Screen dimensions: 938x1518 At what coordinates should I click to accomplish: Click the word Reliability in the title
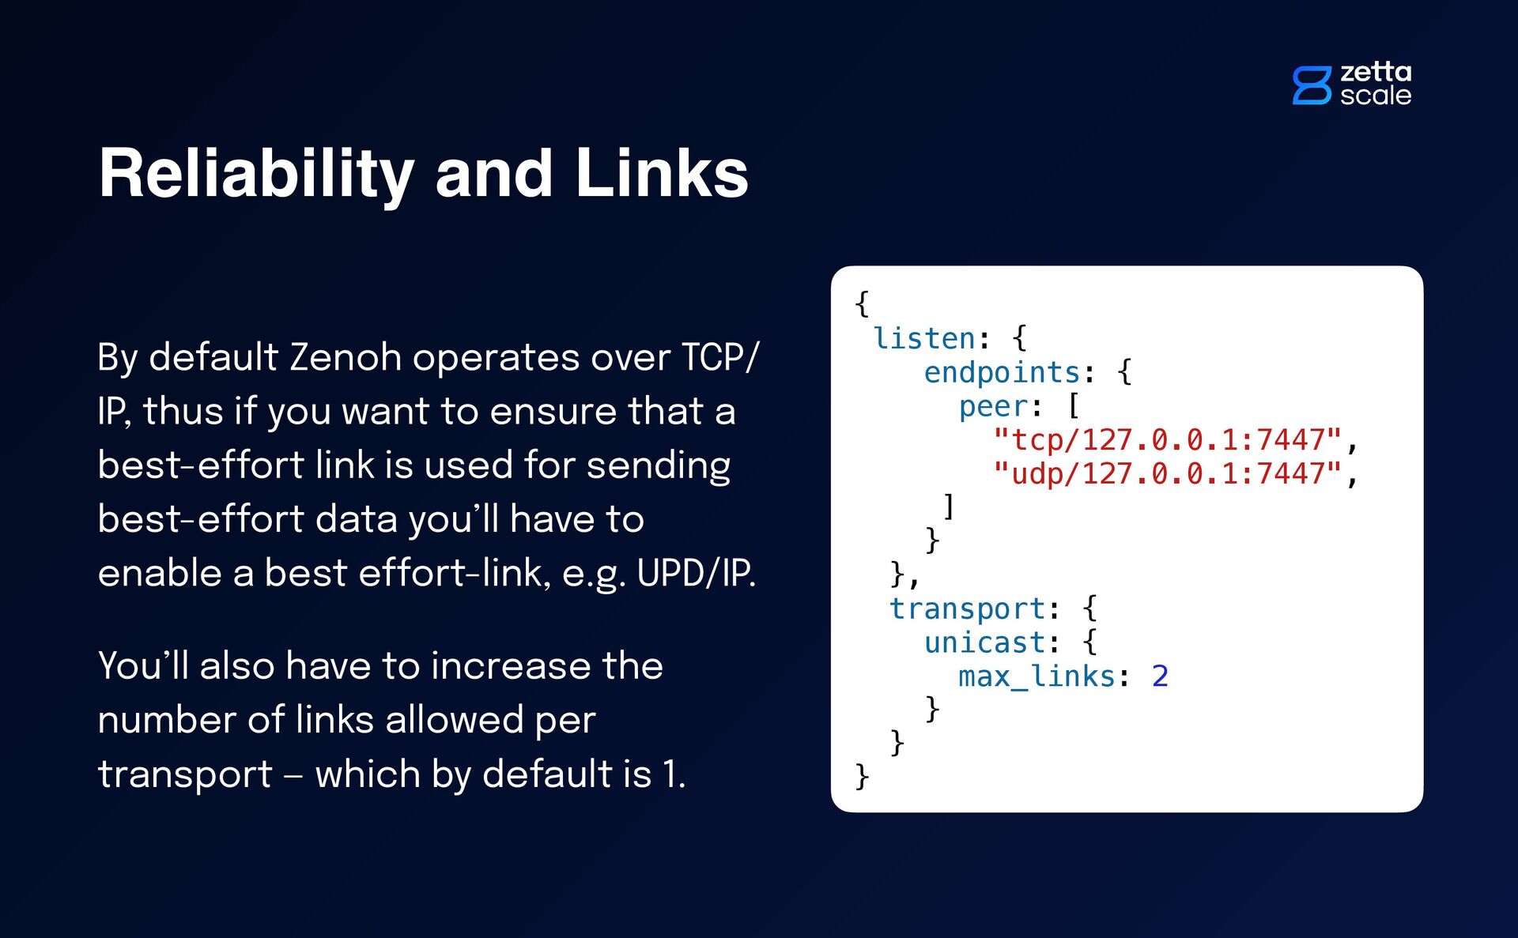click(x=256, y=175)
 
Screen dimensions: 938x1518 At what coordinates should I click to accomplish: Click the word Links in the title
click(x=662, y=173)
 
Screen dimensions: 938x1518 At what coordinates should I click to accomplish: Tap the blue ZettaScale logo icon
click(x=1312, y=85)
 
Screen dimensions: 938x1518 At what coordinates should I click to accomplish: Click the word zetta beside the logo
click(x=1376, y=72)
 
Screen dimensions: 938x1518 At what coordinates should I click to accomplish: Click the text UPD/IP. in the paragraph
click(x=696, y=573)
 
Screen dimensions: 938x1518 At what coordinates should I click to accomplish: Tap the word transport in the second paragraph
click(x=185, y=774)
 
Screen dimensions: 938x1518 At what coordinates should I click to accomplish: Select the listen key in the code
click(x=924, y=338)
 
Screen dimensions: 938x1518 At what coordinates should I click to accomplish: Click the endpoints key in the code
click(x=1002, y=372)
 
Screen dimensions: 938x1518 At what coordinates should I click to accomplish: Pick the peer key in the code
click(x=993, y=406)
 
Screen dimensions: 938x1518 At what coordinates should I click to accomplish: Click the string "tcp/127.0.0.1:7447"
click(x=1167, y=439)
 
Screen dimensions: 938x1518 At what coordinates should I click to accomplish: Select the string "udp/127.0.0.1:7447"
click(x=1167, y=473)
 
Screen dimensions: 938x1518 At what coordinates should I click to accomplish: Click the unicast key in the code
click(x=984, y=642)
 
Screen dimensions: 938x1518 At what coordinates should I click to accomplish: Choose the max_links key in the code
click(x=1037, y=676)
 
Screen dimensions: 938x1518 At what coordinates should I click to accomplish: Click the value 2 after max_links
click(x=1160, y=676)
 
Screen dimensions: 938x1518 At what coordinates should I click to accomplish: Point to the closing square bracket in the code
click(x=950, y=506)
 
